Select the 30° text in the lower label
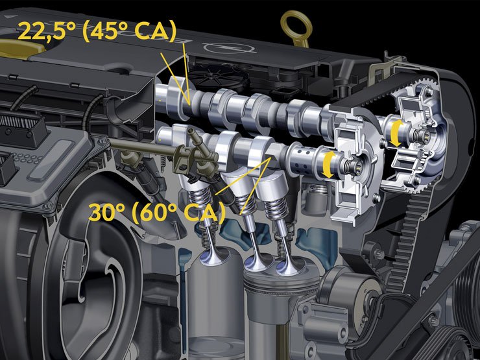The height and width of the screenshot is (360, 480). pos(106,211)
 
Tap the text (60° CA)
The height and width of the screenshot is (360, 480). pos(179,212)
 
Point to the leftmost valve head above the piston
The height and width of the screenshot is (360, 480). pos(215,256)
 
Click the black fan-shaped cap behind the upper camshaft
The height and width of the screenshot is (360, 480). pos(218,77)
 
